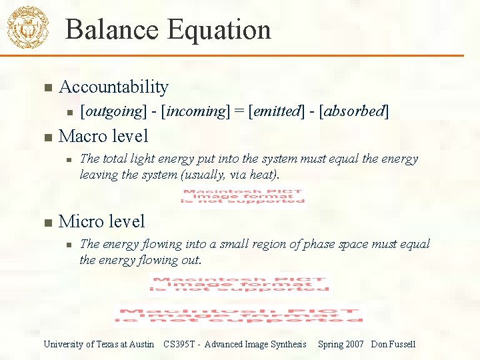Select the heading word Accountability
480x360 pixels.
pyautogui.click(x=113, y=87)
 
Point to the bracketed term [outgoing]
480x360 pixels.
pyautogui.click(x=113, y=111)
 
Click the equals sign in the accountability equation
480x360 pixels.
pyautogui.click(x=239, y=111)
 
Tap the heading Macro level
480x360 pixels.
pyautogui.click(x=103, y=136)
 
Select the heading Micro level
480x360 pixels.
pyautogui.click(x=101, y=221)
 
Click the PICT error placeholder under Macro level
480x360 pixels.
pyautogui.click(x=243, y=196)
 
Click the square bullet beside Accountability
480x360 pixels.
pyautogui.click(x=47, y=87)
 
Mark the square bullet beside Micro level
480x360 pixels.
pyautogui.click(x=47, y=221)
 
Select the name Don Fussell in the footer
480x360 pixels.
pyautogui.click(x=393, y=344)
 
